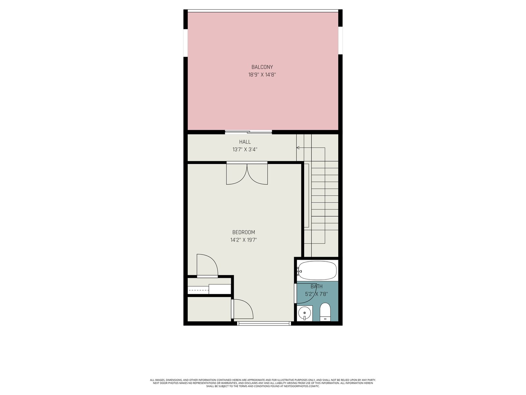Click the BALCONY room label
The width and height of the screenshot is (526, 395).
click(262, 67)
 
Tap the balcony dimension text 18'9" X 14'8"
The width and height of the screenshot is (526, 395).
click(262, 75)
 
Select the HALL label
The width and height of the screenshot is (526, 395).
click(245, 142)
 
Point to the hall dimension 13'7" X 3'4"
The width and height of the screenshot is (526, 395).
click(245, 150)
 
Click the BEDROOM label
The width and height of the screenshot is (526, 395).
click(244, 232)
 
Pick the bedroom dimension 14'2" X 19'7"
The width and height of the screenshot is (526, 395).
click(244, 240)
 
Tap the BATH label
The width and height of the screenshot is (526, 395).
click(316, 286)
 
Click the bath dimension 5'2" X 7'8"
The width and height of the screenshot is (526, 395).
click(316, 294)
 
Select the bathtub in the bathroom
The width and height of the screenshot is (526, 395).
click(317, 270)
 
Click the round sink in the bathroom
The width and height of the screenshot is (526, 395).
click(304, 313)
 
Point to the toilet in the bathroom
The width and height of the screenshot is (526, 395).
click(325, 312)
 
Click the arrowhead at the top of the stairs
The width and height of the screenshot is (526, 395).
click(298, 148)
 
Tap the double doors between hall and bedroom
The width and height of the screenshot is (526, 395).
click(247, 173)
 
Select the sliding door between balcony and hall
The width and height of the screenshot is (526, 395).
click(249, 132)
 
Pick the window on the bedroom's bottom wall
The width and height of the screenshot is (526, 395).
click(264, 324)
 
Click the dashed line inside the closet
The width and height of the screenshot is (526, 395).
click(199, 290)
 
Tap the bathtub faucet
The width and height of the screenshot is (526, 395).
click(299, 271)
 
